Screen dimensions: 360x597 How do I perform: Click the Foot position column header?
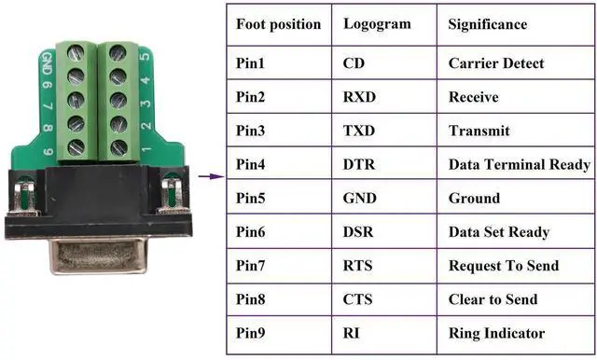coord(278,24)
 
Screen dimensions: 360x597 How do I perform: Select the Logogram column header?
coord(377,24)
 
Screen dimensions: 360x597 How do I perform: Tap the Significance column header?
coord(488,24)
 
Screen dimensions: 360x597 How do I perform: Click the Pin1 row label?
coord(252,63)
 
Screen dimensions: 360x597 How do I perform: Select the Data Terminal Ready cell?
coord(519,164)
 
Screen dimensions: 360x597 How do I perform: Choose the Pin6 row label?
coord(252,232)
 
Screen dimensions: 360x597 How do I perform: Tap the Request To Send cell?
coord(504,266)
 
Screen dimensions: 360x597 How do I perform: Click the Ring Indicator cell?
coord(496,333)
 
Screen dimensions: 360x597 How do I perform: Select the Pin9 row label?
coord(252,333)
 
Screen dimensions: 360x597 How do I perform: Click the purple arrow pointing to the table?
coord(213,175)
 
